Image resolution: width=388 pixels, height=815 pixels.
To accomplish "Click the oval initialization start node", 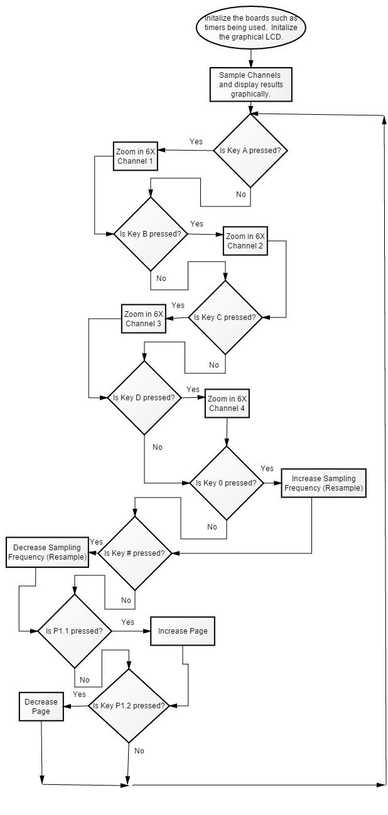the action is click(251, 28).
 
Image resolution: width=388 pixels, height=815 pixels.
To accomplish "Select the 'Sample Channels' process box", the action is click(251, 85).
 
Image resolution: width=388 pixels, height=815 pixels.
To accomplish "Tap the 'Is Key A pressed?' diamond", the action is click(250, 151).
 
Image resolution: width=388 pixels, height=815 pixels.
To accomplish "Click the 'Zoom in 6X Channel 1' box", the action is click(136, 156).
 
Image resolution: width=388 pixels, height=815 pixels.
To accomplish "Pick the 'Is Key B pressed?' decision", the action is click(151, 234).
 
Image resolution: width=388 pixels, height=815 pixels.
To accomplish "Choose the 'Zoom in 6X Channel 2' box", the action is click(245, 241).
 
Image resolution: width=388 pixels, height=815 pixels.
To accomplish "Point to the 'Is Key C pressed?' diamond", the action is click(225, 317).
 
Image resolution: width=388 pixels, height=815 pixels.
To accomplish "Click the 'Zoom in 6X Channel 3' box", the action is click(143, 319).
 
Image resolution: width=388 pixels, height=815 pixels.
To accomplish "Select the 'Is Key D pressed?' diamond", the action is click(144, 398).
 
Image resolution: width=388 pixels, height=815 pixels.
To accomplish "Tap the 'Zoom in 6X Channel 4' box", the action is click(227, 403).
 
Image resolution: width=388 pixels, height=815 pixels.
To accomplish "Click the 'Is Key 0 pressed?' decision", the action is click(227, 483).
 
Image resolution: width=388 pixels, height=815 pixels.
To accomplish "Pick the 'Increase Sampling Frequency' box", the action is click(323, 483).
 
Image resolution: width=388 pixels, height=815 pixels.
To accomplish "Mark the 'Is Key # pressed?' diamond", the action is click(135, 553).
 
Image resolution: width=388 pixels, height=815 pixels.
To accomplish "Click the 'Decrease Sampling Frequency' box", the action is click(47, 552).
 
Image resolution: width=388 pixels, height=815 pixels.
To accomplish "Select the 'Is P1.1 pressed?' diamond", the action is click(75, 631).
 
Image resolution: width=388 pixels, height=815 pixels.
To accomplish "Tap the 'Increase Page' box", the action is click(183, 631).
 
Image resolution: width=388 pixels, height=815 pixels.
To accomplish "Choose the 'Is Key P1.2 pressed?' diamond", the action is click(129, 706).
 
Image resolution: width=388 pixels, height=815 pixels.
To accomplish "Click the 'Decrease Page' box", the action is click(41, 706).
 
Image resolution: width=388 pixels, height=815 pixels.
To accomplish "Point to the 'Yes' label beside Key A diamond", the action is click(196, 142).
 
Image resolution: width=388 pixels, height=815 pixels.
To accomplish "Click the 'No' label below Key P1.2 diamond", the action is click(139, 750).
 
